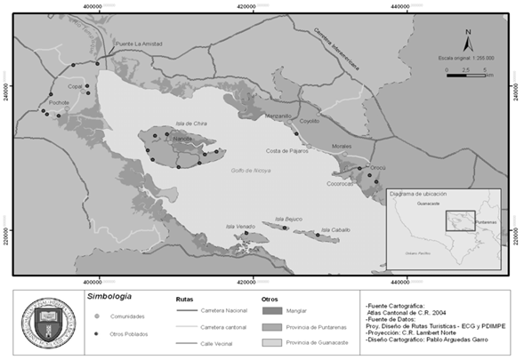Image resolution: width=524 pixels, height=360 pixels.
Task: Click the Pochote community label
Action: click(60, 102)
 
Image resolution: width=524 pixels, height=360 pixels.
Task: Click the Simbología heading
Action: click(110, 295)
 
